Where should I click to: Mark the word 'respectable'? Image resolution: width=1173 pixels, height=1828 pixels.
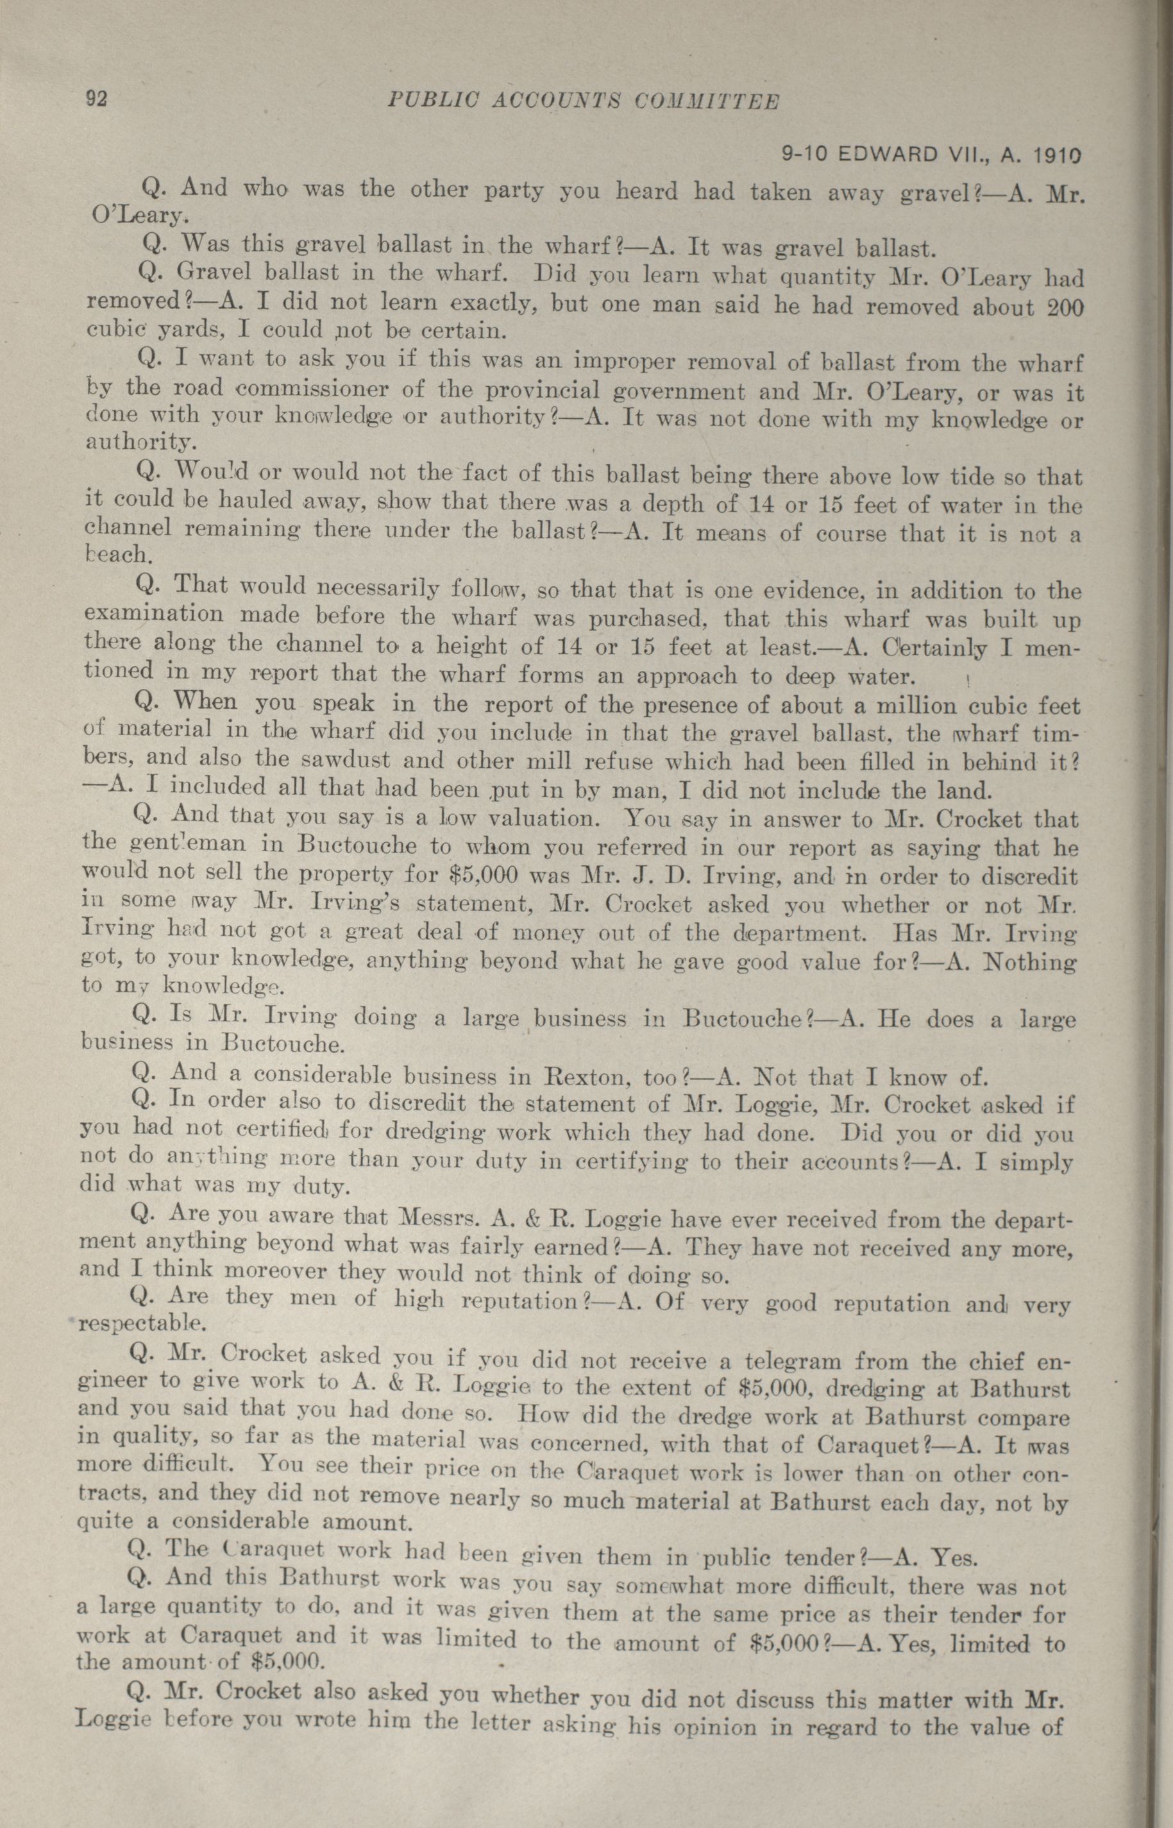point(131,1319)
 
